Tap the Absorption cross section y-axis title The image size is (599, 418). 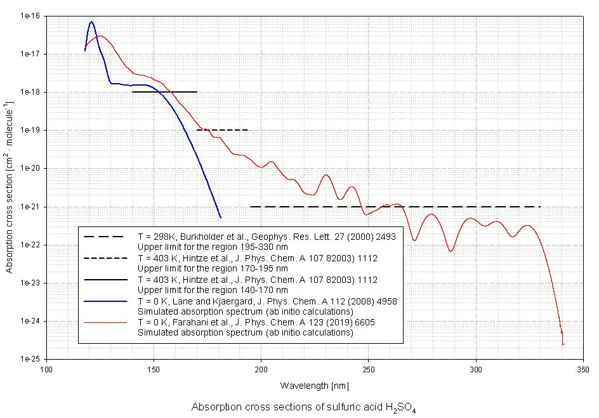tap(10, 187)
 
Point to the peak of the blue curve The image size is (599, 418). tap(91, 22)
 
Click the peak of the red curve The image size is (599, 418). tap(100, 36)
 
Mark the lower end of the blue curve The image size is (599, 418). tap(220, 218)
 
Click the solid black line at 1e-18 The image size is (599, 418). tap(164, 92)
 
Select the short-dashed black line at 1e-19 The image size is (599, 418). tap(223, 130)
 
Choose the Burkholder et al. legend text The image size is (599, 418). tap(267, 237)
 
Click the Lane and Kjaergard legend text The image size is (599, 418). tap(267, 301)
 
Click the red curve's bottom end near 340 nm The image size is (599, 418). tap(563, 344)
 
